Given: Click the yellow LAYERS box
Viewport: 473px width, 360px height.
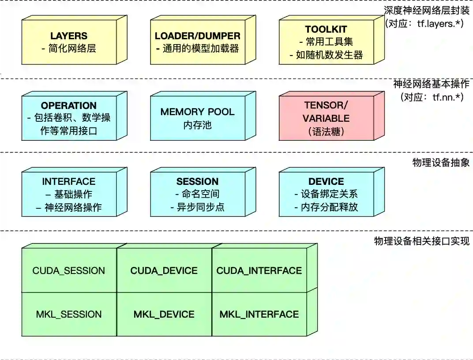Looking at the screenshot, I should pos(69,42).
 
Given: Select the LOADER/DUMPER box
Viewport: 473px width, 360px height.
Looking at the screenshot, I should pos(197,42).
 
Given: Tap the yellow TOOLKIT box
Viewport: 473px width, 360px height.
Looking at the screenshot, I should pos(326,42).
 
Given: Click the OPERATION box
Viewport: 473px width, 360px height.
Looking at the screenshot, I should pos(69,118).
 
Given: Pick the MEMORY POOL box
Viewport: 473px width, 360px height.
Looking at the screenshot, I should pos(197,118).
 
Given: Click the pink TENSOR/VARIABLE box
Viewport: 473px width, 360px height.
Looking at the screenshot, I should pos(326,118).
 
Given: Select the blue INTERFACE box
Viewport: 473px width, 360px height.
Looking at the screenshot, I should pos(69,194).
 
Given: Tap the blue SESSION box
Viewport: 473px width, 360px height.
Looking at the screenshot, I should pos(197,194).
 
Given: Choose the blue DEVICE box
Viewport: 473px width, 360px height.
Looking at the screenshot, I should pos(326,194).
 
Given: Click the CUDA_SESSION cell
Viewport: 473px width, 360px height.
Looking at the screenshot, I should pos(69,270).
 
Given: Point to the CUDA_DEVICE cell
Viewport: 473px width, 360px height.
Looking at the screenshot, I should pos(164,270).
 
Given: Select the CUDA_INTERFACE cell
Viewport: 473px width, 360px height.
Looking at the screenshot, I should pos(259,270).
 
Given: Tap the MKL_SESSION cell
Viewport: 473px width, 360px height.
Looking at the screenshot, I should pos(69,314).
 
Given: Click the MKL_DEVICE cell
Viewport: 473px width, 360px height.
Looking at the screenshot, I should pos(164,314).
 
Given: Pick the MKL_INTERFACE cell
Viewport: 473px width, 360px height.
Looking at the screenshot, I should pos(259,314).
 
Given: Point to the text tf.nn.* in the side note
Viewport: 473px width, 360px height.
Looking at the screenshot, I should pos(446,97).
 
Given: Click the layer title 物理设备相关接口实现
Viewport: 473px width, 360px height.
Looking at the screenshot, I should pos(421,241).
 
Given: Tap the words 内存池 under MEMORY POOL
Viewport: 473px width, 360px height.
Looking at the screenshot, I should pos(197,125).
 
